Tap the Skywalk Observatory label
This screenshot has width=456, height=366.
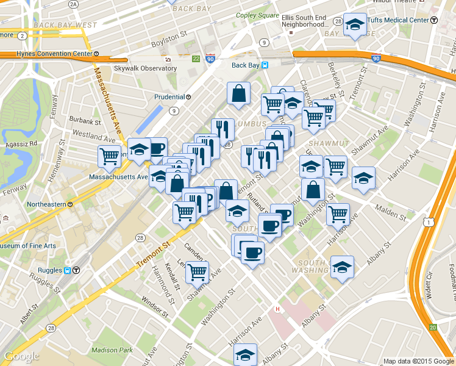[x=144, y=68]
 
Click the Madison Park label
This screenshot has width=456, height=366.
[x=112, y=350]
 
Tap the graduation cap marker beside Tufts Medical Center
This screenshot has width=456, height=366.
[x=355, y=25]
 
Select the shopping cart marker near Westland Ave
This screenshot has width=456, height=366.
[x=109, y=156]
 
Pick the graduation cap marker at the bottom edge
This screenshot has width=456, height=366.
[x=245, y=354]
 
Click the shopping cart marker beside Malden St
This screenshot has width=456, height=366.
[x=337, y=214]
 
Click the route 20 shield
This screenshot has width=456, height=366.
[x=432, y=328]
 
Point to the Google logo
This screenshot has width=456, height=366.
[x=21, y=356]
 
